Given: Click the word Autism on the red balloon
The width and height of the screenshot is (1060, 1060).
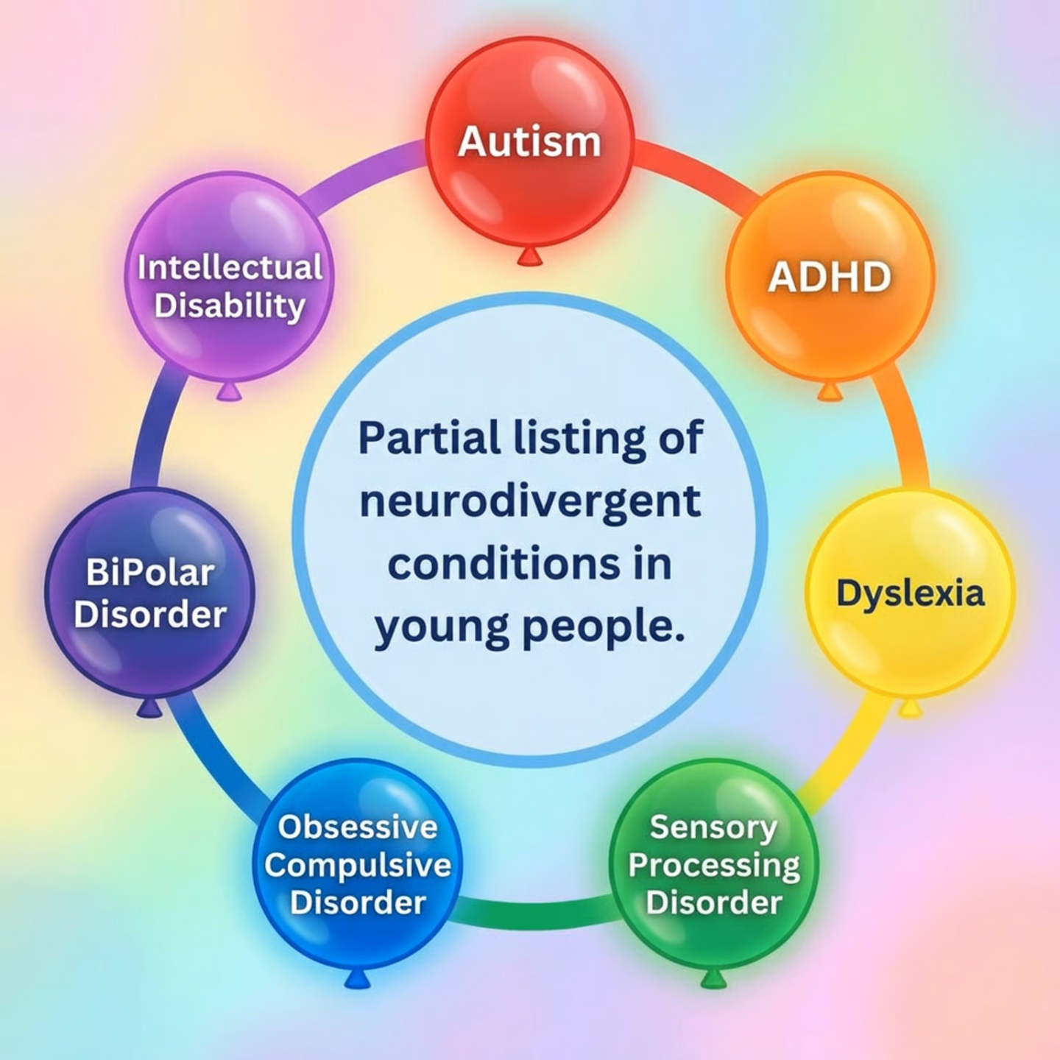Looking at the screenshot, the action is coord(529,141).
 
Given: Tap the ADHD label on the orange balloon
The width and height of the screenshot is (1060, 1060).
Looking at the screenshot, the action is coord(830,278).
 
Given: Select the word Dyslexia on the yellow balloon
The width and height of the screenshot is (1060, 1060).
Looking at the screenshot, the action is coord(910,593).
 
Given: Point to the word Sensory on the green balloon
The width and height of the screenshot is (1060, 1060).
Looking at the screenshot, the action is coord(713,828).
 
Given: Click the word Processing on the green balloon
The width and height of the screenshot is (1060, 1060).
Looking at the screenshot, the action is coord(714,866).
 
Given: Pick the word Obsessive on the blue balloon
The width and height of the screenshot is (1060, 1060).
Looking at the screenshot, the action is coord(358,827).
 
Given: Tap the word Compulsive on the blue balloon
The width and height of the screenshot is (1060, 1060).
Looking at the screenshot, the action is coord(358,865).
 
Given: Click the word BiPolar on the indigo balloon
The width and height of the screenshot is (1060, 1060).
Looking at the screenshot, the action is coord(150,573).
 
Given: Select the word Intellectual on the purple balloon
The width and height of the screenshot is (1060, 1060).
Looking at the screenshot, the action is coord(230,267).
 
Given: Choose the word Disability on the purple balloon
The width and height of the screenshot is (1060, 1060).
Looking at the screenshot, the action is coord(230,305).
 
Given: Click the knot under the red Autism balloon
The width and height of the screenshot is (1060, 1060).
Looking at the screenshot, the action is coord(529,255).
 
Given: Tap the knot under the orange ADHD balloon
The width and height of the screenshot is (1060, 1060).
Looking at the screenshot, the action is coord(830,391).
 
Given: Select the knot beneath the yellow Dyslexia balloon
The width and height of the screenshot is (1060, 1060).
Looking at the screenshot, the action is coord(911,708).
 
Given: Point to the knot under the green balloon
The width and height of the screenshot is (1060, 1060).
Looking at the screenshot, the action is coord(713,979).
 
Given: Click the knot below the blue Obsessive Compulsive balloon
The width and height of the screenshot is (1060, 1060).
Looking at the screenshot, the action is coord(357,980).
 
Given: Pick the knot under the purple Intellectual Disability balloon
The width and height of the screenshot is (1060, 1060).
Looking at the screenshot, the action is coord(230,391).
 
